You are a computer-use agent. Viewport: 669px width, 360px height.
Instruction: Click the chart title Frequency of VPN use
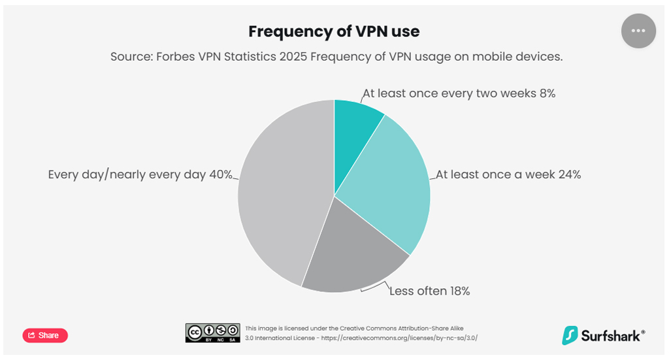[x=334, y=31]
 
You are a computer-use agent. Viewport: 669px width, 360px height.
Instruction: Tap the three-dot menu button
[x=638, y=31]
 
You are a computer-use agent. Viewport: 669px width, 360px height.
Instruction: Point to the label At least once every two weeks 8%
[x=459, y=93]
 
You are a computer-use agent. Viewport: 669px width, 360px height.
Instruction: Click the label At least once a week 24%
[x=508, y=174]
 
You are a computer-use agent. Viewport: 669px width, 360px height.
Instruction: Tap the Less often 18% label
[x=430, y=291]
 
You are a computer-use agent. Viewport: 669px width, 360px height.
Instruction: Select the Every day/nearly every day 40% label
[x=140, y=174]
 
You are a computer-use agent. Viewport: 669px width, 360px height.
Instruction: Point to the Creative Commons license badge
[x=213, y=333]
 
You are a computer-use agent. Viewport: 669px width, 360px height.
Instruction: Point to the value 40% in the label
[x=220, y=174]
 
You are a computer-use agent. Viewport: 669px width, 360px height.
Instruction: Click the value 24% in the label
[x=568, y=174]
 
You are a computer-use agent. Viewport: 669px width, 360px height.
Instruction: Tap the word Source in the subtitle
[x=131, y=57]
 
